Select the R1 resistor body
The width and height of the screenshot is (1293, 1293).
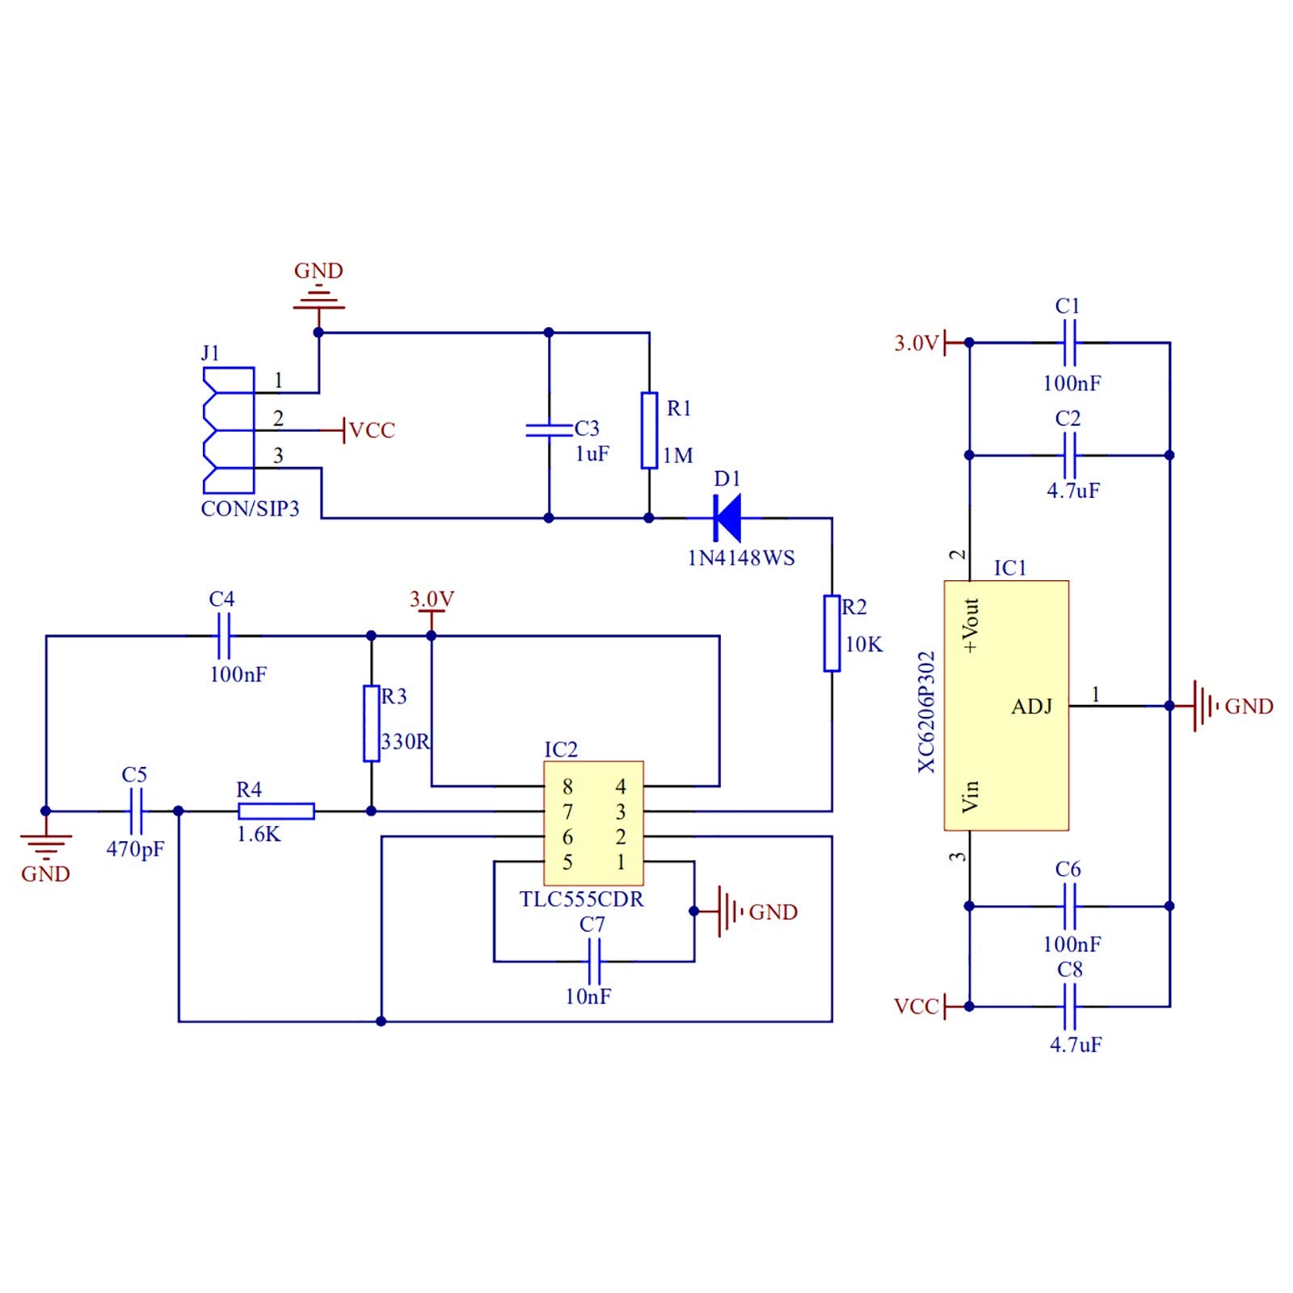pyautogui.click(x=649, y=431)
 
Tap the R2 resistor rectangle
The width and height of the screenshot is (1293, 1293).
pyautogui.click(x=832, y=634)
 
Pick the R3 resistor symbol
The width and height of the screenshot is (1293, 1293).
pyautogui.click(x=371, y=723)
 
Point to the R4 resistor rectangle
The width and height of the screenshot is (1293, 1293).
pyautogui.click(x=276, y=811)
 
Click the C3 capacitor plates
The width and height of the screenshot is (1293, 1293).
pyautogui.click(x=549, y=430)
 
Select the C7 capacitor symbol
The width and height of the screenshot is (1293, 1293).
pyautogui.click(x=594, y=962)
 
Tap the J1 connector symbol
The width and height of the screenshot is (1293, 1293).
pyautogui.click(x=229, y=431)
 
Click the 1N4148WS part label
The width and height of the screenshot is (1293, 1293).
pyautogui.click(x=741, y=558)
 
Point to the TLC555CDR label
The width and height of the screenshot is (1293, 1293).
pyautogui.click(x=582, y=899)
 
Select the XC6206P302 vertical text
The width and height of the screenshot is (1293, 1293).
pyautogui.click(x=927, y=712)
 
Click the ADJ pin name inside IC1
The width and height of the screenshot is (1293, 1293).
pyautogui.click(x=1032, y=707)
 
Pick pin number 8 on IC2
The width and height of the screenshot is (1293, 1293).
pyautogui.click(x=567, y=786)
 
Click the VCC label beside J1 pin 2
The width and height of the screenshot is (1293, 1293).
pyautogui.click(x=372, y=430)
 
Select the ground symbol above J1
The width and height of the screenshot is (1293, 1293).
pyautogui.click(x=318, y=299)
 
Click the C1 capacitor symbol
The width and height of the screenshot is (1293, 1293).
pyautogui.click(x=1069, y=343)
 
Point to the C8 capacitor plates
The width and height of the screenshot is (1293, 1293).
pyautogui.click(x=1069, y=1007)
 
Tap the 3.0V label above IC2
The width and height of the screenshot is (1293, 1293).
pyautogui.click(x=432, y=599)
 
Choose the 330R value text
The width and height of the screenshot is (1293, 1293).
pyautogui.click(x=406, y=742)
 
